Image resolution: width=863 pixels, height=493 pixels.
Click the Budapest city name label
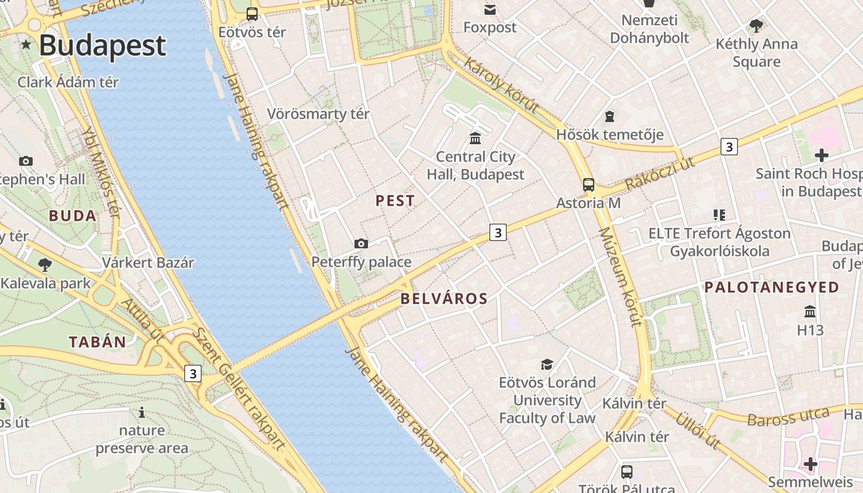click(x=102, y=46)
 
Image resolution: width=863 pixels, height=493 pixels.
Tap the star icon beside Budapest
click(x=26, y=44)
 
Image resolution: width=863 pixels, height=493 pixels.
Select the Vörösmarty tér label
click(x=318, y=114)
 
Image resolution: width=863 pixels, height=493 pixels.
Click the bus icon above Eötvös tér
click(x=252, y=14)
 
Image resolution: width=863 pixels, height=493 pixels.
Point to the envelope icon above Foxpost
click(x=490, y=9)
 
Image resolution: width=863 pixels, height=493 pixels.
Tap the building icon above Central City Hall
click(x=475, y=138)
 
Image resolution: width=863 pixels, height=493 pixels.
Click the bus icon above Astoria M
click(x=589, y=184)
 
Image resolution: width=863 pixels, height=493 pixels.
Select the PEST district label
click(x=395, y=201)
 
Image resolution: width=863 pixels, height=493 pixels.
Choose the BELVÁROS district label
click(x=444, y=299)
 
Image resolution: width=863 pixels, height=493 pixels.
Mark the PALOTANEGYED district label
click(x=772, y=287)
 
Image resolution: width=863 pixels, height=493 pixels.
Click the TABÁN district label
click(x=97, y=343)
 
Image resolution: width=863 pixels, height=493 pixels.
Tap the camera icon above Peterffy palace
click(x=361, y=244)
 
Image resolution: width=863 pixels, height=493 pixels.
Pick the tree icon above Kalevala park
click(x=44, y=266)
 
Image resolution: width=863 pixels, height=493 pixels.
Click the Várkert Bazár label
click(x=148, y=263)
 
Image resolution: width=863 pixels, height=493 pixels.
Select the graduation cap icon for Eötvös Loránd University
click(x=547, y=364)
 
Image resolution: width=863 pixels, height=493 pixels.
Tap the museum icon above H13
click(x=810, y=312)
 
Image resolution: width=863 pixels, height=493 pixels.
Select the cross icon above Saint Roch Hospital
click(x=821, y=155)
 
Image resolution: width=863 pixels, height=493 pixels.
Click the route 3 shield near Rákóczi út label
click(x=729, y=147)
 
